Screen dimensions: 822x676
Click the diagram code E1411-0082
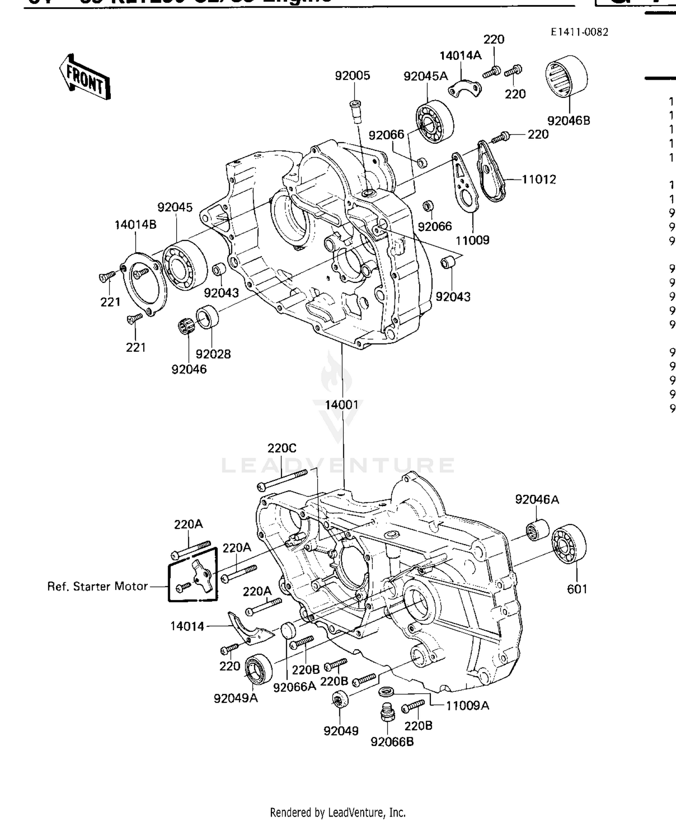579,32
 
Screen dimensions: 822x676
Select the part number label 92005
352,75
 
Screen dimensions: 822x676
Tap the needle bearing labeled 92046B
566,76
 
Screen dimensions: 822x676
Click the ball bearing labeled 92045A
434,121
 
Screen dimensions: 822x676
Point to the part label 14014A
460,55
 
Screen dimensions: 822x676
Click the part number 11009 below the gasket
472,240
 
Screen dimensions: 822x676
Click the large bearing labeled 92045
184,265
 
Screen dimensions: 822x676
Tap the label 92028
213,354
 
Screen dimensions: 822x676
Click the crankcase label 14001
342,404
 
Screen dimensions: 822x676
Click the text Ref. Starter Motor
97,586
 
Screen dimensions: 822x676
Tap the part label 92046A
537,499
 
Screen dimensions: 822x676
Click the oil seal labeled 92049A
258,668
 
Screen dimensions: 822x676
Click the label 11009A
467,705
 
